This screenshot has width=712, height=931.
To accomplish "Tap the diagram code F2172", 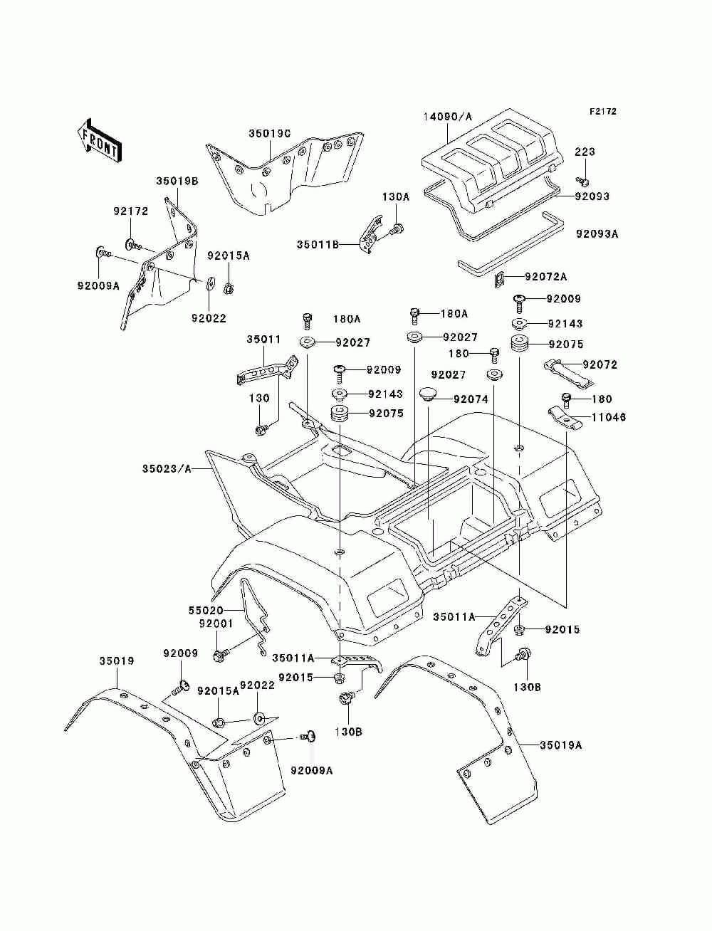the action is tap(602, 112).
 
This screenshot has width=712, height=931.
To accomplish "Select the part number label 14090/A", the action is tap(447, 116).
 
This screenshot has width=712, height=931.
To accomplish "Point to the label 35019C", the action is tap(269, 133).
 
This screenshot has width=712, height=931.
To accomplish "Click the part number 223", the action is tap(585, 152).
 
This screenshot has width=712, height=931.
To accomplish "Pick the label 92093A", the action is tap(597, 233).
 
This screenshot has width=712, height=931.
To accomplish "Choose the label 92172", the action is tap(131, 211).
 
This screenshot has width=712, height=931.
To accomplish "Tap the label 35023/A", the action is tap(167, 468).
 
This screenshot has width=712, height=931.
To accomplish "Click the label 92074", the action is tap(471, 399).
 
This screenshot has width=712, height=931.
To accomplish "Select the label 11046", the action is tap(609, 417).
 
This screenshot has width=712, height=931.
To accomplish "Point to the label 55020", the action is tap(206, 610).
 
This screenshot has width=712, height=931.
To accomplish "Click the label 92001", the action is tap(216, 624).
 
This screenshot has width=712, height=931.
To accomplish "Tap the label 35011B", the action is tap(318, 245).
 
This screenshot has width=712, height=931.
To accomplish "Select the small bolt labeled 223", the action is tap(583, 182).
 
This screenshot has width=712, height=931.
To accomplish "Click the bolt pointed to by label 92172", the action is tap(134, 245).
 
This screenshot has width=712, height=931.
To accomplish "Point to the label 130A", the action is tap(396, 196).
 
